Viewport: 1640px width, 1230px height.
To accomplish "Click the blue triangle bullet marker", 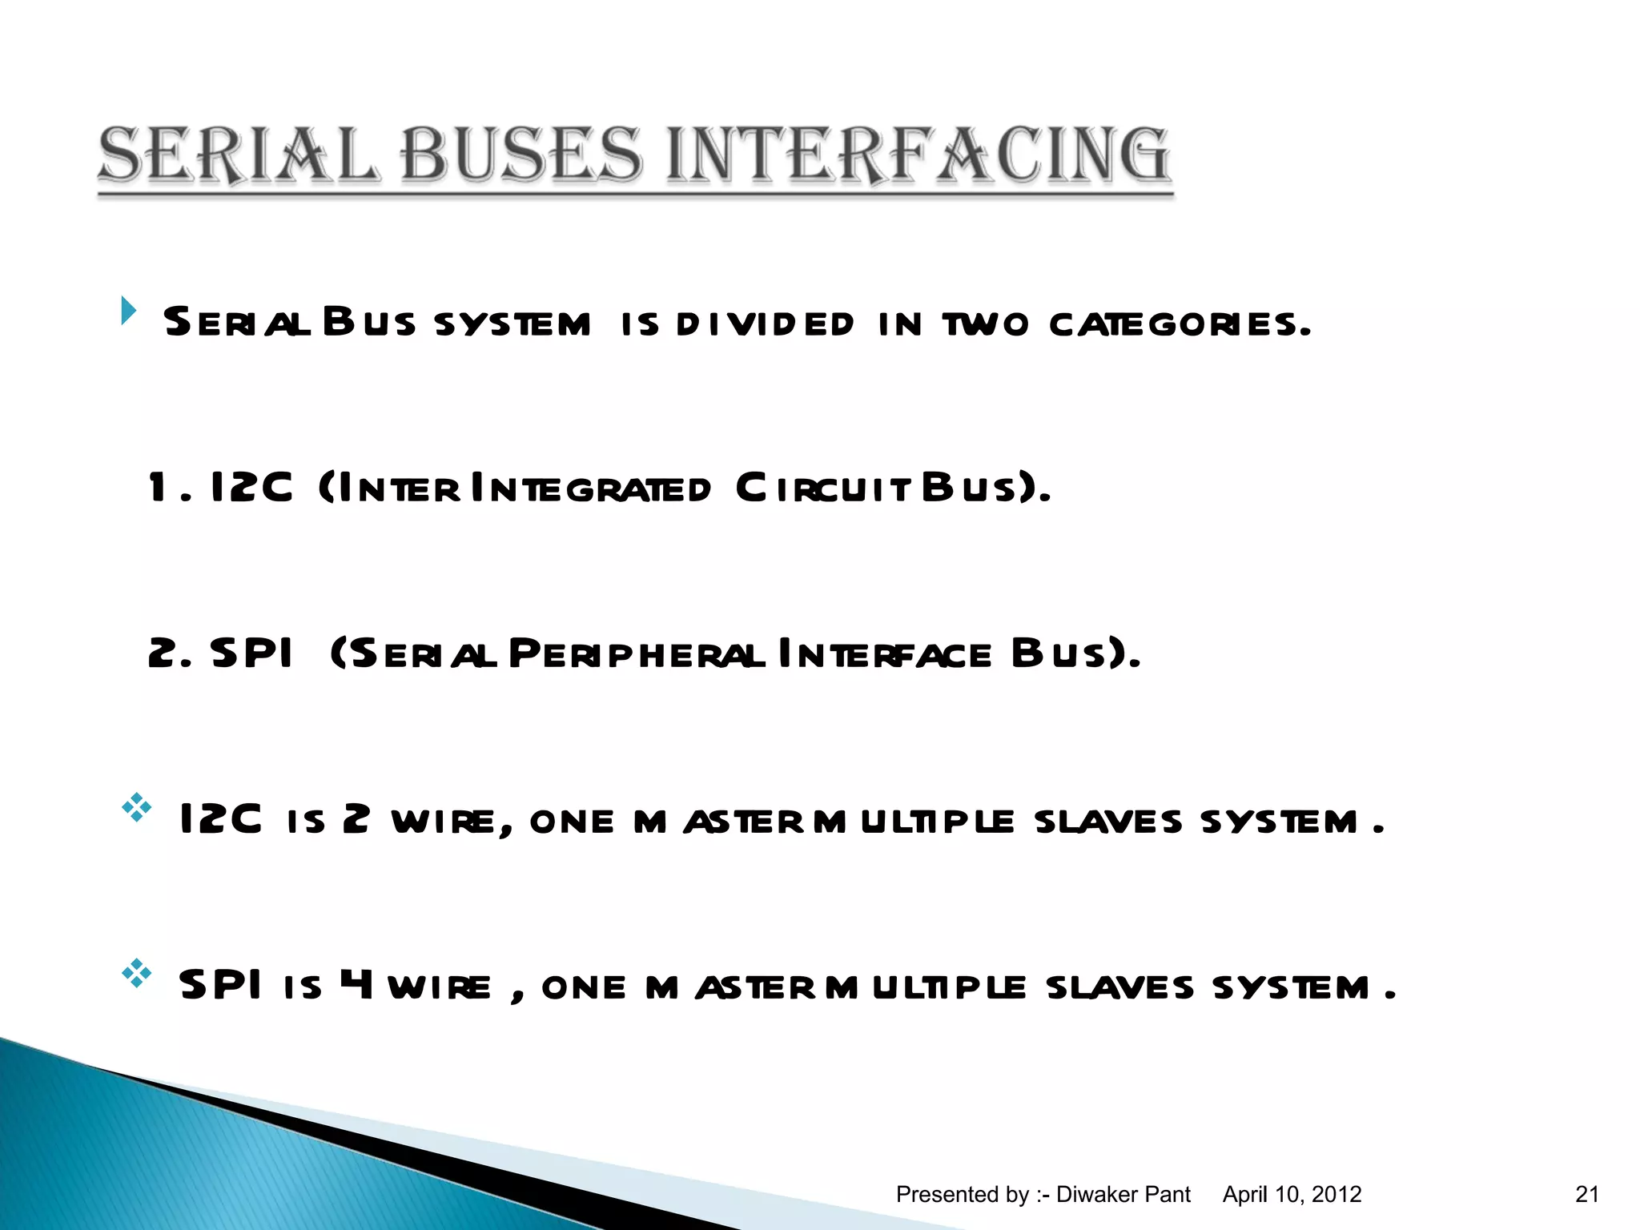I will pos(128,311).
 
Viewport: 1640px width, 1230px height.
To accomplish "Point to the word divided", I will pos(765,324).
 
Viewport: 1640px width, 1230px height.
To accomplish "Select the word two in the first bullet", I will pos(985,324).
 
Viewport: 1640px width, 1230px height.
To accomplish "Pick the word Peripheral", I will pos(637,654).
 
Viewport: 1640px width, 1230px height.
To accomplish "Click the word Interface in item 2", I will pos(885,654).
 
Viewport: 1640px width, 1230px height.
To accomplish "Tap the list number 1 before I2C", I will pos(158,488).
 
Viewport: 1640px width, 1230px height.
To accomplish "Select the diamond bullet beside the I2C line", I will pos(137,807).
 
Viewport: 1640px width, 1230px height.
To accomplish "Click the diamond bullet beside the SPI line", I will pos(137,972).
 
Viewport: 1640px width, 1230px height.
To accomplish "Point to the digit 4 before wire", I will pos(356,985).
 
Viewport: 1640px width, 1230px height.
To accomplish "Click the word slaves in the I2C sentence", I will pos(1107,822).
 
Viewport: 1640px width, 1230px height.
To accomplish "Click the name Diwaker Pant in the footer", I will pos(1123,1195).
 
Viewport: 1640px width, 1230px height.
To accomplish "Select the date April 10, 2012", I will pos(1292,1195).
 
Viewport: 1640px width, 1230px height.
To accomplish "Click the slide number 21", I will pos(1587,1195).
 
